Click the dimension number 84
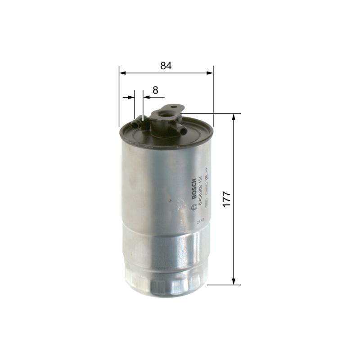166,66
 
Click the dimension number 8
155,90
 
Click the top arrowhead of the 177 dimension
234,118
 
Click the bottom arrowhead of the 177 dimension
234,281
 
